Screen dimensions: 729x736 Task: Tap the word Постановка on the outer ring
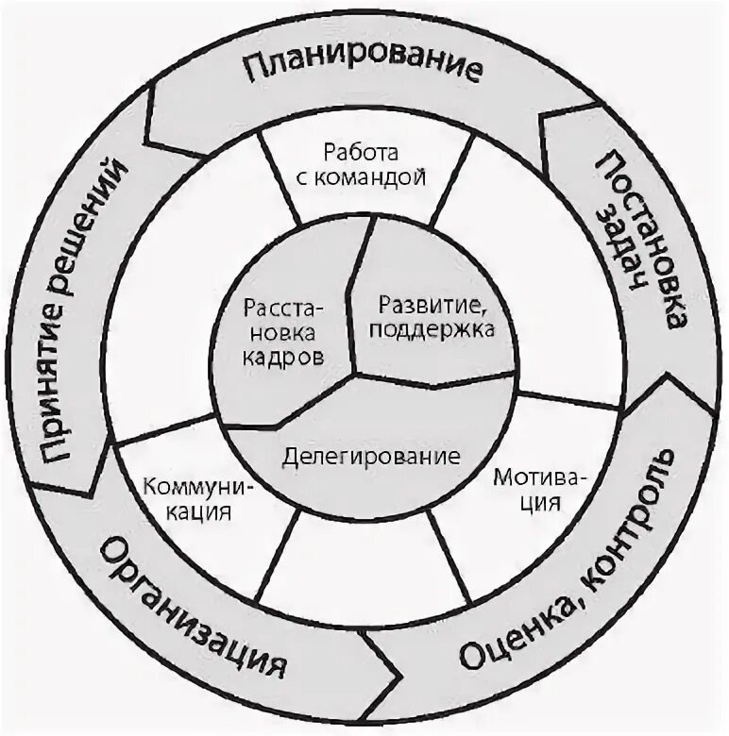pos(653,241)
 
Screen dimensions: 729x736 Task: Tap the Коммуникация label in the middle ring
pos(188,500)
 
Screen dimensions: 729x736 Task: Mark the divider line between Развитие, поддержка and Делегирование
pos(434,379)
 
